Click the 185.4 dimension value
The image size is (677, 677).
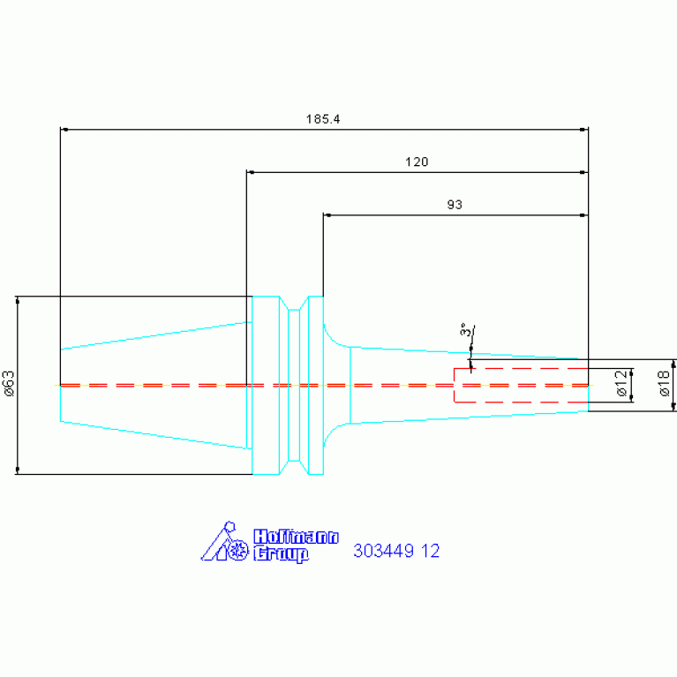point(323,119)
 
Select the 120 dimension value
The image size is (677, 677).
point(417,162)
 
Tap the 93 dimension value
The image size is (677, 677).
point(455,205)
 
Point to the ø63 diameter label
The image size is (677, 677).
point(8,383)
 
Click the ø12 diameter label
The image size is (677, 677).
point(621,383)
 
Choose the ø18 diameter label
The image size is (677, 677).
point(664,383)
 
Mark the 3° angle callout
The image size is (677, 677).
point(465,329)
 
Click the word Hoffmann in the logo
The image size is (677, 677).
point(296,537)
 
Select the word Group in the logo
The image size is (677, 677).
point(281,554)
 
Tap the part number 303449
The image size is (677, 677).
point(383,551)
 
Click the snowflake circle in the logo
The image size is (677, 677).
point(238,551)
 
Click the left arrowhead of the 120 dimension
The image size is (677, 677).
point(251,172)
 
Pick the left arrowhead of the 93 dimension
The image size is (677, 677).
point(327,215)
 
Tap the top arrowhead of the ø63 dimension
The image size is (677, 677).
point(18,300)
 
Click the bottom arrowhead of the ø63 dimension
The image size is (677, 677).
point(18,470)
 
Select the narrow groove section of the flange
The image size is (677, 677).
point(294,385)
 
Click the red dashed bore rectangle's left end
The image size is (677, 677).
point(455,385)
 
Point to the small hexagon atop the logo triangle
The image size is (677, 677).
point(230,527)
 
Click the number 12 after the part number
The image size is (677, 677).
point(431,551)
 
